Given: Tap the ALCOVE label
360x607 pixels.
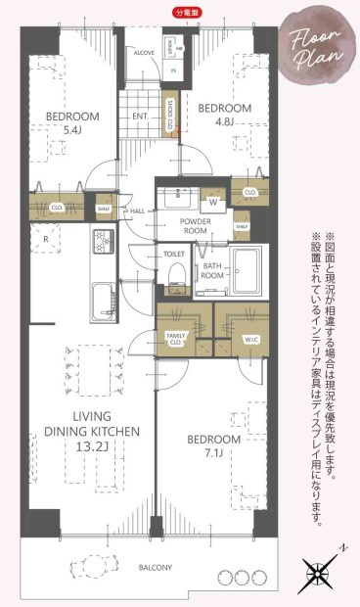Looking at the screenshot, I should [x=145, y=54].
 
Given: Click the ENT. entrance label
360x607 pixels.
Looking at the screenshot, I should [x=141, y=116].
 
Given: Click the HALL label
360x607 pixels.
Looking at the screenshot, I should [x=138, y=210].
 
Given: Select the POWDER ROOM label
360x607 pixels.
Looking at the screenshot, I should [x=196, y=227].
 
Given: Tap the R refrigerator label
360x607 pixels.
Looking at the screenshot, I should [x=45, y=237].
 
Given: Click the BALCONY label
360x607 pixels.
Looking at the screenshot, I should [x=155, y=567].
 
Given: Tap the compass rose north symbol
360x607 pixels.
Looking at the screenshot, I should [x=320, y=569].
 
